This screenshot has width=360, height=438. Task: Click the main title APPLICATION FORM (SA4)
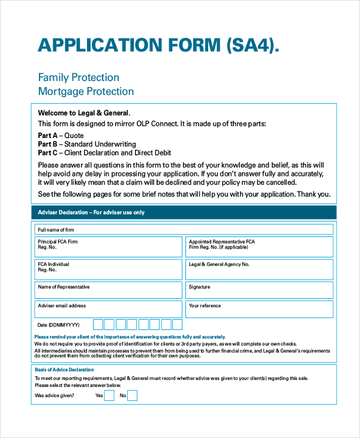158,46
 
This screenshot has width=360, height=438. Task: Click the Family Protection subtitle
79,77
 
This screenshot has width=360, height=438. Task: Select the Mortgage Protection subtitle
86,91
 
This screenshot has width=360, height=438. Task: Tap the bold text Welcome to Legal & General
83,113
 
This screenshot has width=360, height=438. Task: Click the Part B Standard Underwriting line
87,145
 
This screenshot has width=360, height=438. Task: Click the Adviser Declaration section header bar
184,212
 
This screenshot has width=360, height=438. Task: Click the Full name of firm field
184,229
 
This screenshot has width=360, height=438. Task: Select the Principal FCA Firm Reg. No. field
108,247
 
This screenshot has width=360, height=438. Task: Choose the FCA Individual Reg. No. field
108,269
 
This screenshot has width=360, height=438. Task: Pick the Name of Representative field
108,290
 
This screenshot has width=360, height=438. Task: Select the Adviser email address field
108,309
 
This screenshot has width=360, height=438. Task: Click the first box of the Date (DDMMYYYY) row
98,325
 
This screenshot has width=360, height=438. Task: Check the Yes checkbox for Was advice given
109,395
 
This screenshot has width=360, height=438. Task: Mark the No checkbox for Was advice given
132,395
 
